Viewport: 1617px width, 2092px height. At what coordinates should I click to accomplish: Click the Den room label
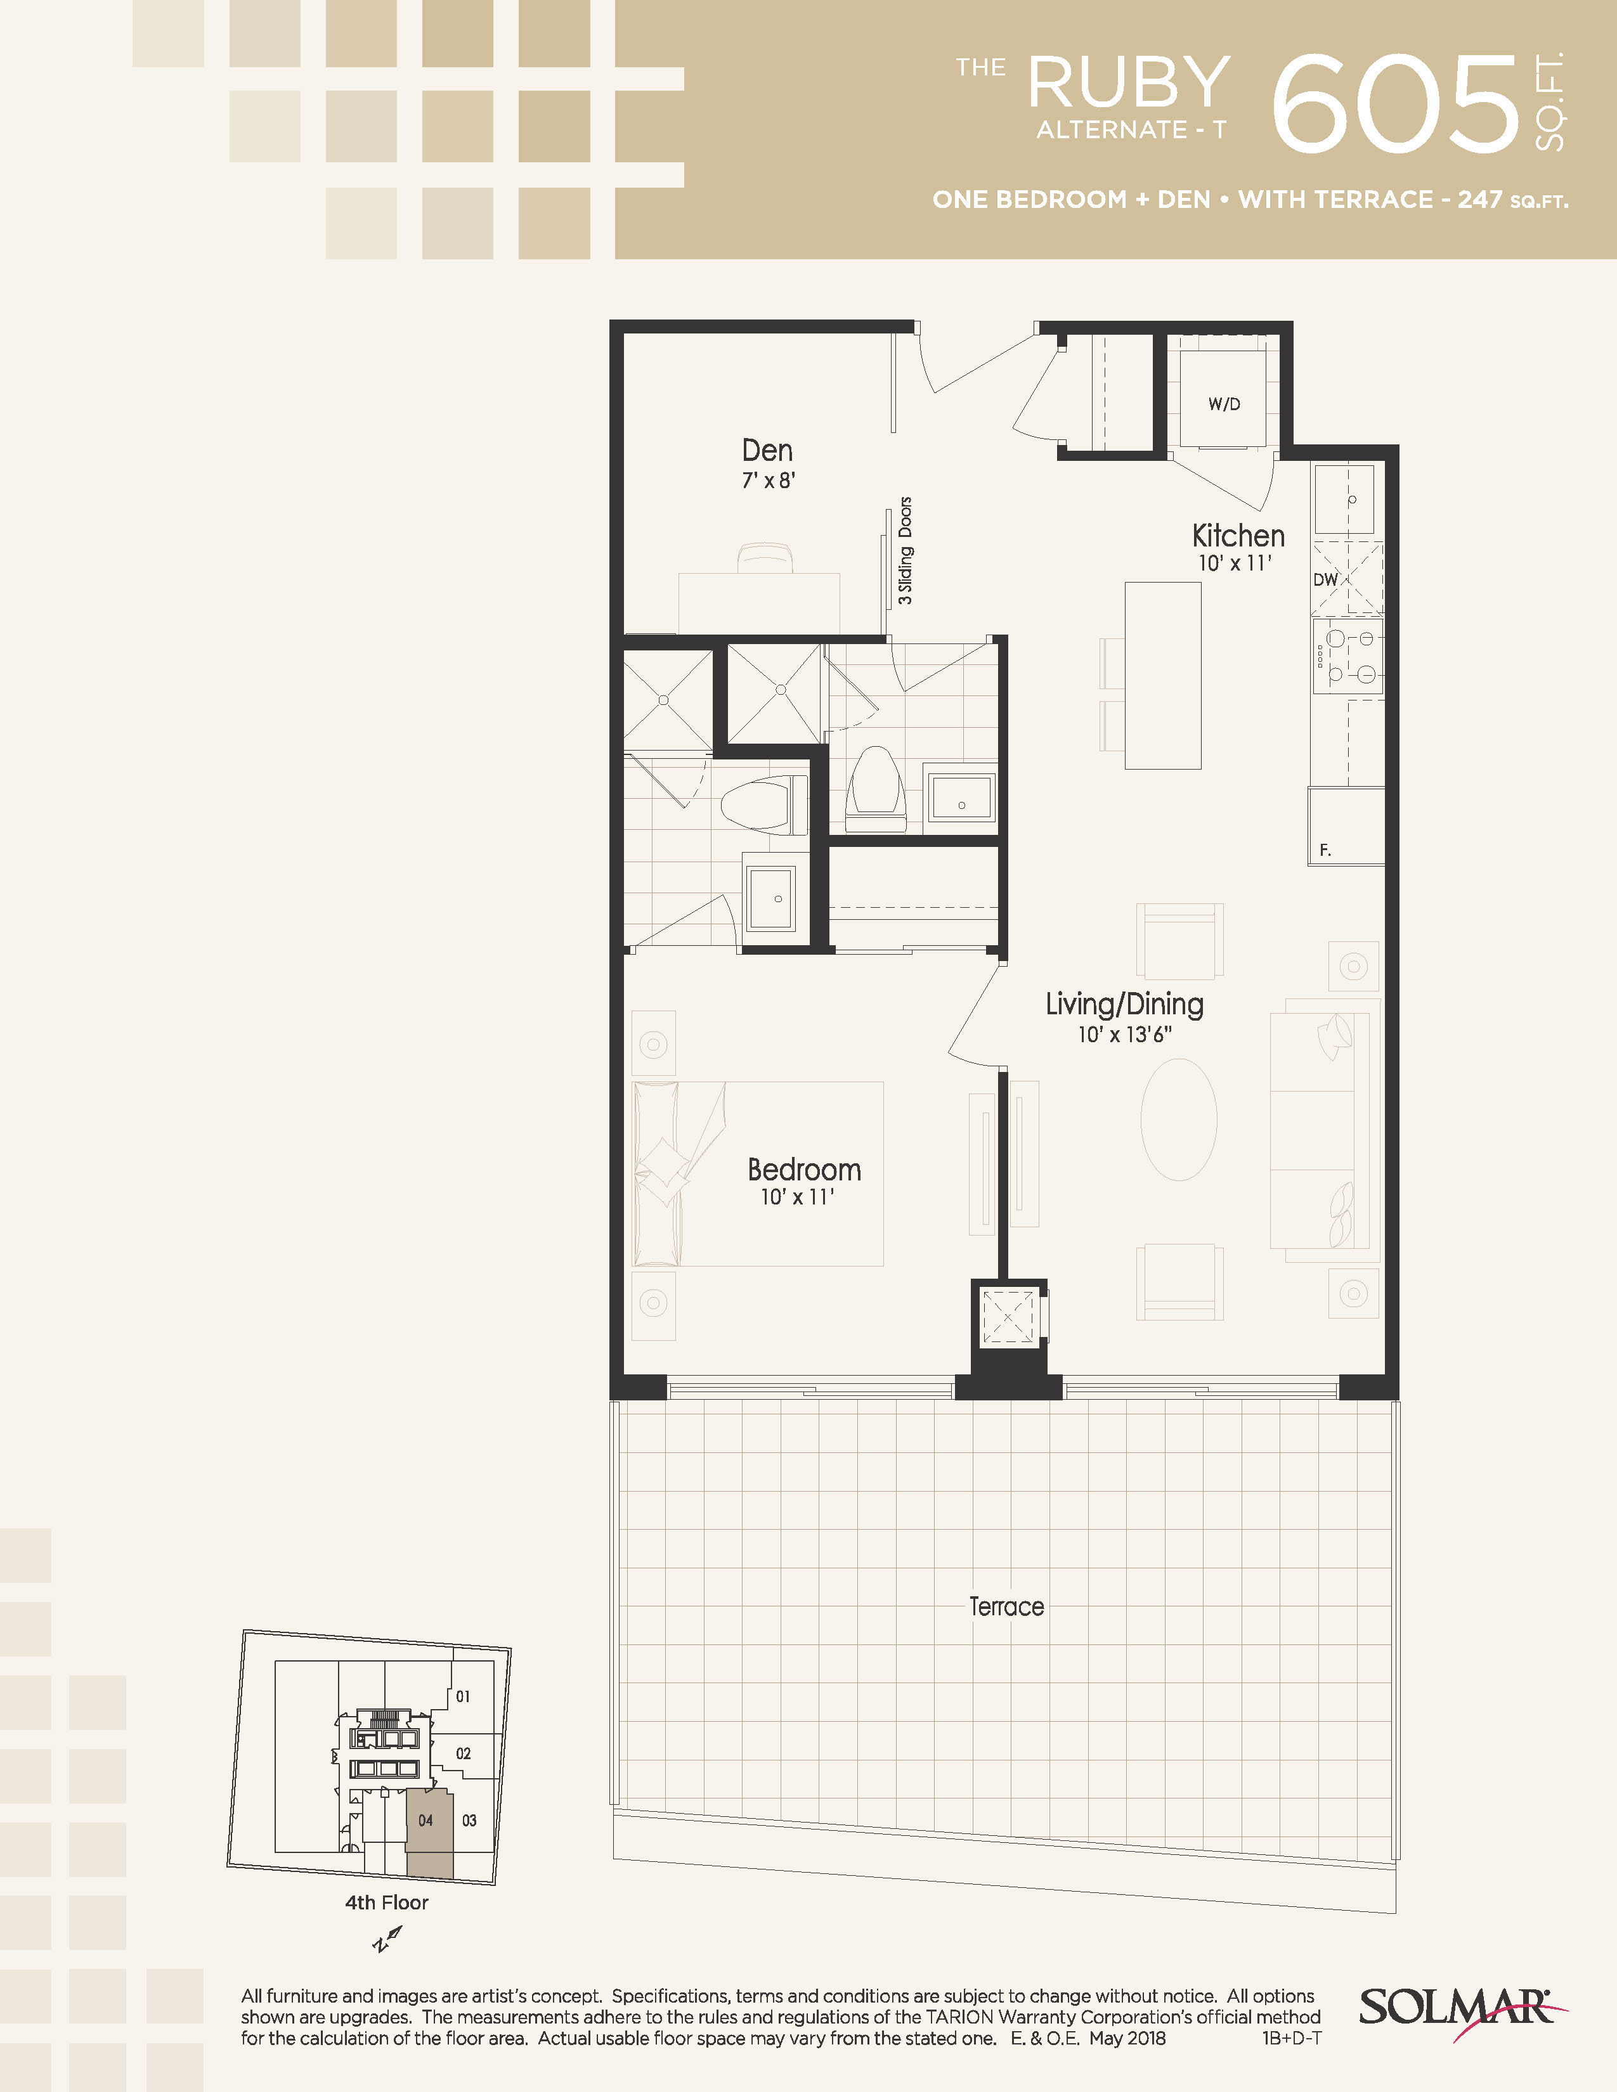click(x=767, y=450)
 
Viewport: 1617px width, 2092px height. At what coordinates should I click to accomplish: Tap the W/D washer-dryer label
click(x=1224, y=404)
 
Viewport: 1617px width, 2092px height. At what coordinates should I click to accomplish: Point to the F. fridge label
click(x=1325, y=849)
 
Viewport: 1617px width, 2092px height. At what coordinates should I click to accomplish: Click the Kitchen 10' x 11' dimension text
click(x=1235, y=563)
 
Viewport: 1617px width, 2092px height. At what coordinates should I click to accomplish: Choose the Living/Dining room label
click(x=1125, y=1004)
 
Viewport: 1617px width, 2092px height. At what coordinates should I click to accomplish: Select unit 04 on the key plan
click(x=425, y=1820)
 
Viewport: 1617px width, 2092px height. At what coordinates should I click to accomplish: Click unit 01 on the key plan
click(x=463, y=1696)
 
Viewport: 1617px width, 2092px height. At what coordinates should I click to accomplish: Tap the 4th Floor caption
click(x=386, y=1902)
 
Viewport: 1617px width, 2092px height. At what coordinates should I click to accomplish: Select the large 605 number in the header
click(x=1396, y=103)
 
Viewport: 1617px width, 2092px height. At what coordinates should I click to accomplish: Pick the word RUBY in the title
click(x=1129, y=82)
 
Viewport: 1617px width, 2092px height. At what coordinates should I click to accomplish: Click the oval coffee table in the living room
click(x=1179, y=1119)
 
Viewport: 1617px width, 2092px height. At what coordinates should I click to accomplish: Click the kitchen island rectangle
click(x=1163, y=675)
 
